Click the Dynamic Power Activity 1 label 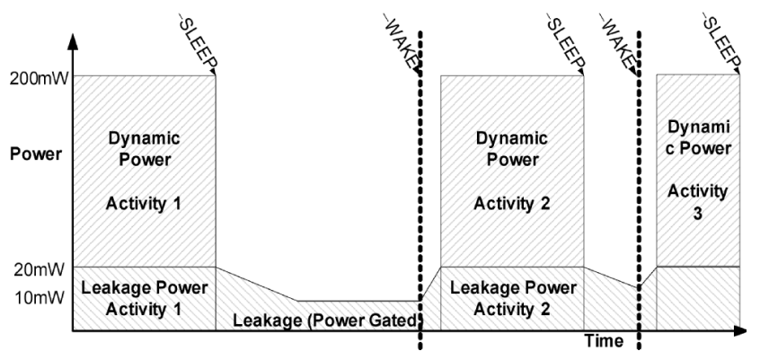coord(145,171)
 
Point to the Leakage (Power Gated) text coord(326,319)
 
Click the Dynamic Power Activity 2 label coord(511,171)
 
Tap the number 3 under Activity coord(698,215)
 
